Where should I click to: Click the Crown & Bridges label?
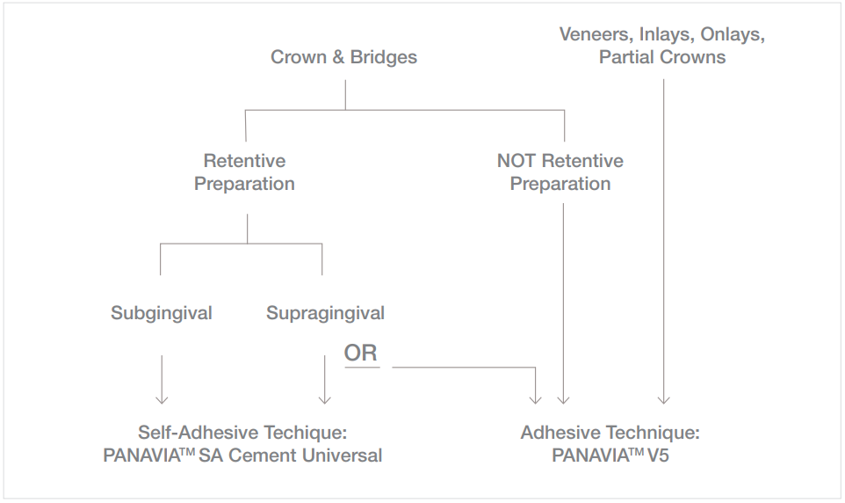343,57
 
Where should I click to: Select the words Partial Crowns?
662,57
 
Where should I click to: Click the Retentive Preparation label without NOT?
244,172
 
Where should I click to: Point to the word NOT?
516,161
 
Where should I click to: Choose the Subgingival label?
162,313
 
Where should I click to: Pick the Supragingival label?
325,313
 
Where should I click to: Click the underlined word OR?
361,354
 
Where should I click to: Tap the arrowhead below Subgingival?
162,398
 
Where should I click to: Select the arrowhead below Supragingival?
325,398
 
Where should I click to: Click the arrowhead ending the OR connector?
536,398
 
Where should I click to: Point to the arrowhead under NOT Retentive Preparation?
564,398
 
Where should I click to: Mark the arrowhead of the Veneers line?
663,398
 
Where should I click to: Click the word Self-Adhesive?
188,433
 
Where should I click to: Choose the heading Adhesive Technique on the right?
610,433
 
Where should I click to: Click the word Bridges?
384,57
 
